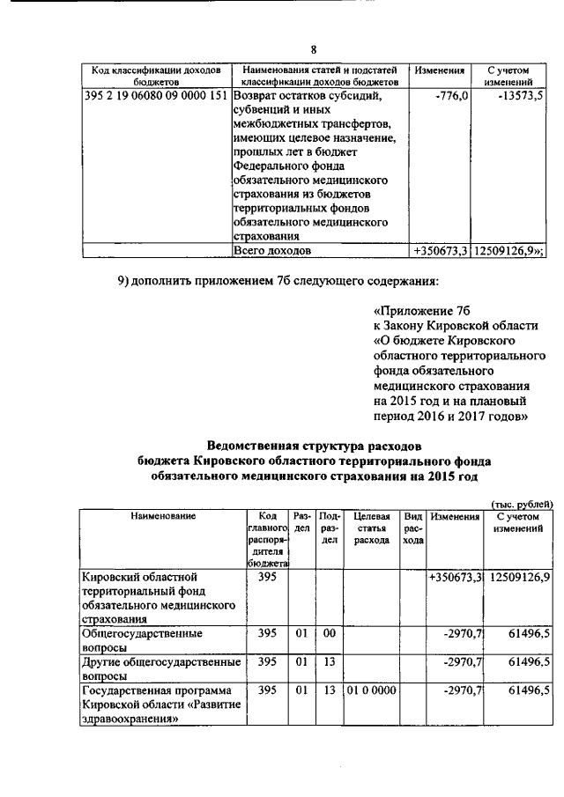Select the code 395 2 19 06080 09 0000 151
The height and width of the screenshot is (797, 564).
155,95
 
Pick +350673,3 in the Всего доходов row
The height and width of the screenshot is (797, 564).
441,251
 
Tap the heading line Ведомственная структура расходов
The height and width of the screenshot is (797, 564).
314,444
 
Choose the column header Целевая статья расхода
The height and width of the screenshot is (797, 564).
372,528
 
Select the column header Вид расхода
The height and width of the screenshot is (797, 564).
412,528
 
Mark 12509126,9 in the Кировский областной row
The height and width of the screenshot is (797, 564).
517,577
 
